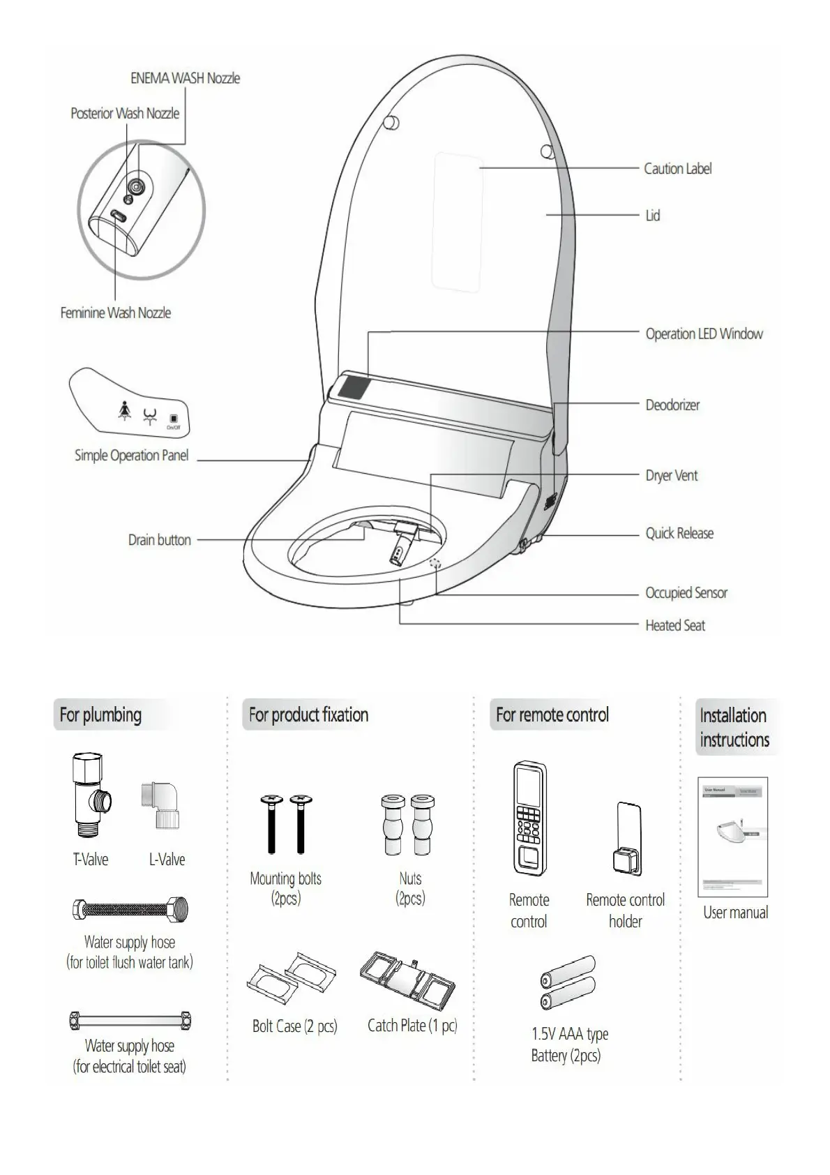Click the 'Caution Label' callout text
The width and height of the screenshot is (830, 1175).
click(677, 169)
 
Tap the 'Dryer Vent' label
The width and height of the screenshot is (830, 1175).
click(671, 476)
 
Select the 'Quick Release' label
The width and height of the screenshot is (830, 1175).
click(679, 534)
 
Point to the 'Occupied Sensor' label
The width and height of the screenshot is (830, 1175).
click(686, 593)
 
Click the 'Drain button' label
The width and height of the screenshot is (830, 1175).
click(159, 540)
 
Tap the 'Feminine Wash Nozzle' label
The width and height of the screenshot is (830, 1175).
click(115, 313)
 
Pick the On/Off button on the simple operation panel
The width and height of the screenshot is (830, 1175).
click(173, 419)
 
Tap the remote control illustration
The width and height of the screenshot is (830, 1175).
click(529, 818)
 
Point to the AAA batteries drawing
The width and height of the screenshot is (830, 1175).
click(568, 983)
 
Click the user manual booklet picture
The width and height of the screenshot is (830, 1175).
click(732, 837)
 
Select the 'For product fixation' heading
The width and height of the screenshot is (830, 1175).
click(308, 715)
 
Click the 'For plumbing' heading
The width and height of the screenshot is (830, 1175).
click(100, 715)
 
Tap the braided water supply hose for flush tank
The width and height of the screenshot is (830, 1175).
click(130, 909)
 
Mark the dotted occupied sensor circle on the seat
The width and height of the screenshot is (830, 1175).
click(437, 563)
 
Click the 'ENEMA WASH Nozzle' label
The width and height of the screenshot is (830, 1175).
click(185, 79)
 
